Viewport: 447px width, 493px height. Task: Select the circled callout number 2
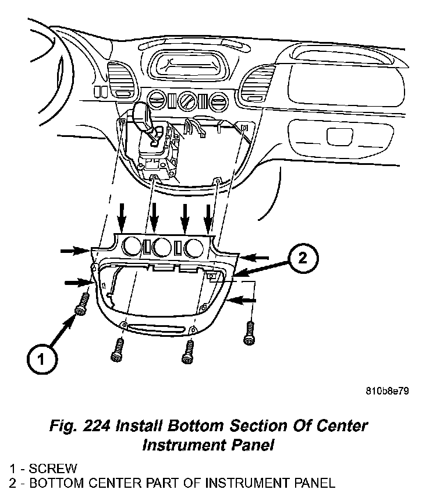[303, 258]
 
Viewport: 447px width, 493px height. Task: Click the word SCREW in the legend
[52, 469]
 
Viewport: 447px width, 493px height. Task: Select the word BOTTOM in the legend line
[55, 483]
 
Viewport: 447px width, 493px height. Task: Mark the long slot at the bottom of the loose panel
[157, 326]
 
